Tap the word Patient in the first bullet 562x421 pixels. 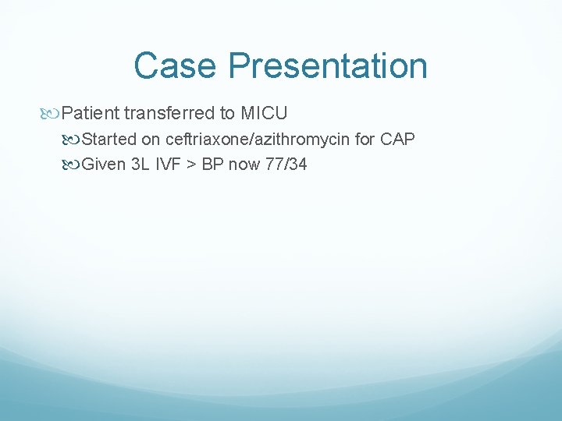(90, 114)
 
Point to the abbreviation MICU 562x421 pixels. (264, 114)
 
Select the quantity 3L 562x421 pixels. (141, 165)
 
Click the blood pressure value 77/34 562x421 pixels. (286, 165)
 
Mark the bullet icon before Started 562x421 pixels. (73, 140)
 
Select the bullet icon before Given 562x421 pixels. (73, 165)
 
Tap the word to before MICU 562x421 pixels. (227, 114)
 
